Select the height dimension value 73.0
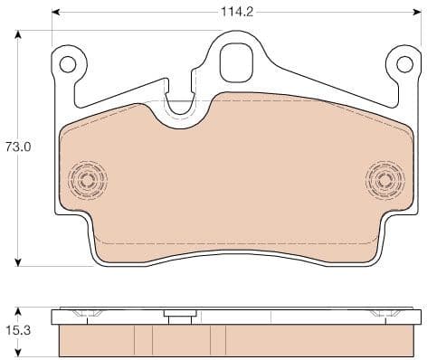[x=18, y=147]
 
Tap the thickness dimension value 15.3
[x=18, y=332]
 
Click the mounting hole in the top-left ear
[x=67, y=64]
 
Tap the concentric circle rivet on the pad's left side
[x=87, y=180]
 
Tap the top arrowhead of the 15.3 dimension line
[x=18, y=312]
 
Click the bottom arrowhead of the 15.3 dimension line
[x=18, y=353]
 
